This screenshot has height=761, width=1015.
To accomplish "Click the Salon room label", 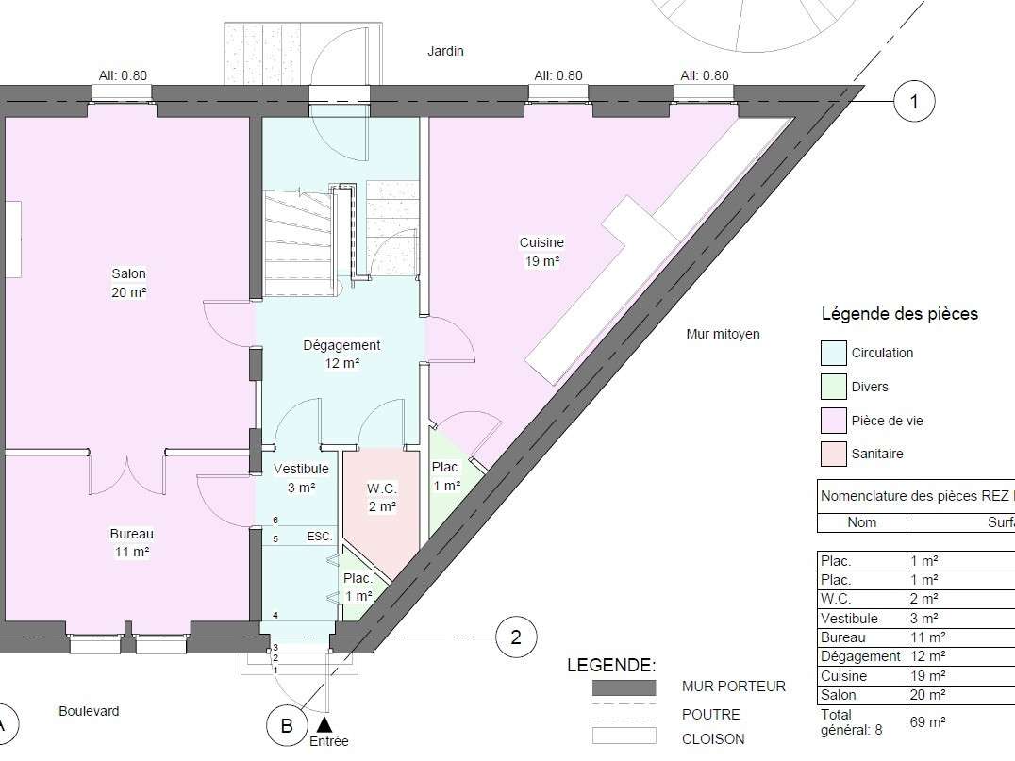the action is coord(129,283).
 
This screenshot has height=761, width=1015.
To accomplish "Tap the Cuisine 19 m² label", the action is coord(541,252).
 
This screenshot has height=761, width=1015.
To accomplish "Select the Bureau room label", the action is coord(131,543).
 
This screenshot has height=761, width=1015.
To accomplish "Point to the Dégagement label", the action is coord(341,354).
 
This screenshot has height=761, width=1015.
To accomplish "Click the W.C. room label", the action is coord(382,497).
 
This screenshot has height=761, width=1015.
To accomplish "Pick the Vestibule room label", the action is coord(301,477).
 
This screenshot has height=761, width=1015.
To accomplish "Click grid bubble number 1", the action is coord(914,101).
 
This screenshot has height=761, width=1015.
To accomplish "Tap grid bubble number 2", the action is coord(516,637).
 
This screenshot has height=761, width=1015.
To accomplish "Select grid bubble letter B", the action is coord(287,725).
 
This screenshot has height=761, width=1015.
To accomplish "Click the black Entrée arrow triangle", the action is coord(324,724).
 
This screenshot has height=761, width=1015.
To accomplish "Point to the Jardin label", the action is coord(445,51).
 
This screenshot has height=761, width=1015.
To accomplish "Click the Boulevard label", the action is coord(89,711).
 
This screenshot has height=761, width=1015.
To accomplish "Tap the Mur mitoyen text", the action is coord(724,334).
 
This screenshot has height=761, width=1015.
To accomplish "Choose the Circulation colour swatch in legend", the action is coord(834,354).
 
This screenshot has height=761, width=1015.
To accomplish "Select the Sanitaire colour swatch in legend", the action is coord(834,454).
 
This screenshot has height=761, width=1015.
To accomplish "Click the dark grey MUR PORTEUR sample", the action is coord(624,687).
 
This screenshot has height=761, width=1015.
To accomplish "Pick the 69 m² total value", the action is coord(927,722).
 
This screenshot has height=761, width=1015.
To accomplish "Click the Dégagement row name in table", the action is coord(860,656).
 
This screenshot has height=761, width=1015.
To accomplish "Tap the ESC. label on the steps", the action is coord(320,537).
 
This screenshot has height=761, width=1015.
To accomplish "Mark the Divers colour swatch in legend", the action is coord(834,387).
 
